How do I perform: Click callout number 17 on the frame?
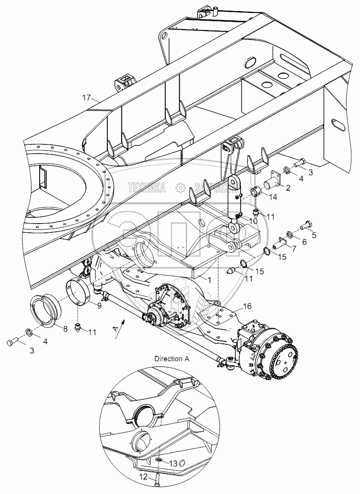(x=86, y=98)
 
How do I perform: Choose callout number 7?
(x=293, y=249)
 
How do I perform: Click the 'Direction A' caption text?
(x=172, y=359)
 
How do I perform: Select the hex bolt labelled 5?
(x=305, y=225)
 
